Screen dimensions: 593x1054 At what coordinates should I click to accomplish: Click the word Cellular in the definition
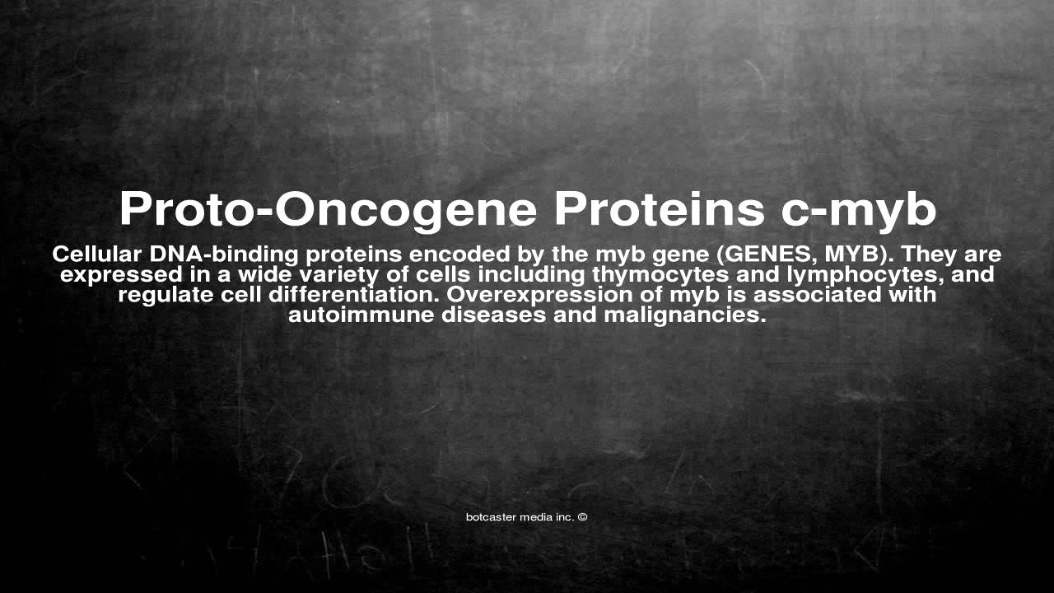(96, 254)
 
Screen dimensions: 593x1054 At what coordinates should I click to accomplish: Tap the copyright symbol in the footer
(582, 517)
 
